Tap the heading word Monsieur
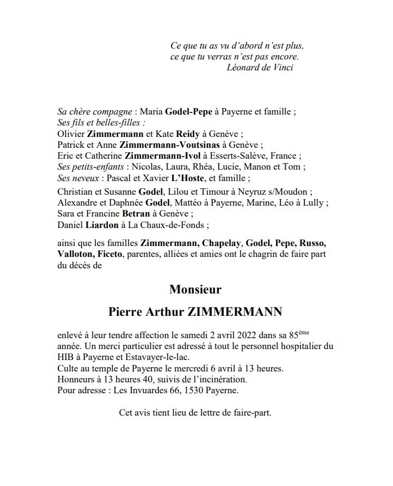tap(195, 289)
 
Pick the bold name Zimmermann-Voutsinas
tap(169, 145)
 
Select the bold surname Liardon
tap(102, 224)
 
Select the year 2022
tap(231, 335)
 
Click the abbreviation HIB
tap(66, 357)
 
